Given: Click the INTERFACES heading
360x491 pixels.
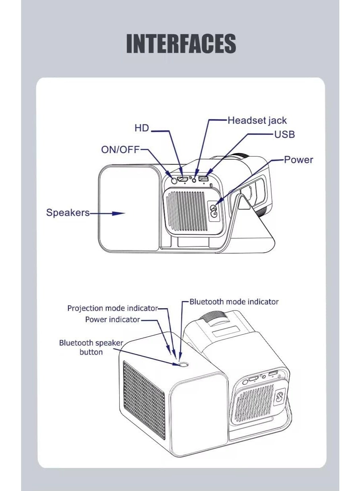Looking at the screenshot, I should click(x=181, y=44).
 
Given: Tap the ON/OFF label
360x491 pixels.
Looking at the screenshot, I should click(x=120, y=150).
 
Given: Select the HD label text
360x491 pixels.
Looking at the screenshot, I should click(x=142, y=128).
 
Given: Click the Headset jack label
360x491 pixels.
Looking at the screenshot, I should click(x=257, y=120).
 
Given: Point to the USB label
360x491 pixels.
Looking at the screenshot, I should click(x=284, y=134).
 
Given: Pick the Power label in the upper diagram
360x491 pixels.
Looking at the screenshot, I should click(x=298, y=160).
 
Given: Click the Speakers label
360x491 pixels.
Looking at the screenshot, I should click(x=68, y=213).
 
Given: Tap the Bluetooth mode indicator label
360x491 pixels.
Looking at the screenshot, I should click(x=234, y=302).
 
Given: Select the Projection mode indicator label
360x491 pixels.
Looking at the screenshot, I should click(x=113, y=309).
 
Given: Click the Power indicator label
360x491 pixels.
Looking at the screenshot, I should click(x=113, y=320).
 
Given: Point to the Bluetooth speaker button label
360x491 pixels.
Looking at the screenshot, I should click(x=91, y=347).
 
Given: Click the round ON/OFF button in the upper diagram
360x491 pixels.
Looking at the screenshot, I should click(x=173, y=180).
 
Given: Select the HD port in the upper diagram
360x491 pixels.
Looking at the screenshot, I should click(x=184, y=180).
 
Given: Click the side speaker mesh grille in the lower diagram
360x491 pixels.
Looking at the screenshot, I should click(x=144, y=402).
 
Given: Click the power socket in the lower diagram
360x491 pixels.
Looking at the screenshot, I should click(x=280, y=397).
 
